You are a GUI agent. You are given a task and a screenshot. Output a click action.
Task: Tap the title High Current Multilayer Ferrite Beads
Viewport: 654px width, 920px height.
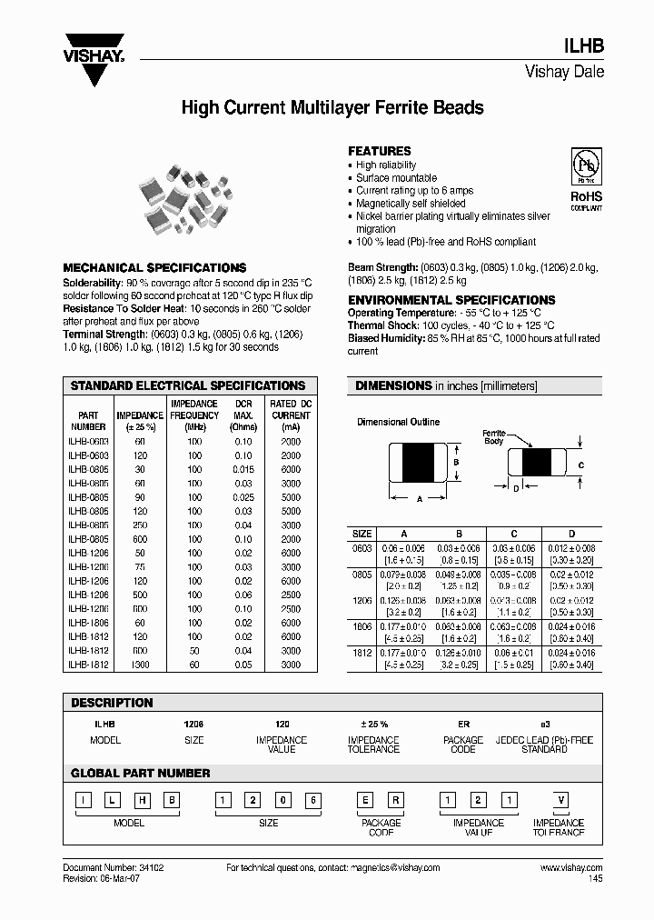tap(332, 108)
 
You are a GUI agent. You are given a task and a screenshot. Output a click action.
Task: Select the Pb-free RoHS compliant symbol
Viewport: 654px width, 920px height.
tap(585, 178)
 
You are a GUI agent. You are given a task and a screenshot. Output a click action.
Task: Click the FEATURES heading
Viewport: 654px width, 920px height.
tap(380, 151)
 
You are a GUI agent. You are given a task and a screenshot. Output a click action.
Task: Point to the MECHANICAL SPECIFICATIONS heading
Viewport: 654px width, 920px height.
tap(154, 268)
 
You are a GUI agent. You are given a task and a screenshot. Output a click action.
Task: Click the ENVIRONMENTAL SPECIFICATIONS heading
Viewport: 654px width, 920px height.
tap(451, 300)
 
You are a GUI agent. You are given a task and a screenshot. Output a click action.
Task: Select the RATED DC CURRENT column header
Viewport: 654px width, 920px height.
tap(290, 415)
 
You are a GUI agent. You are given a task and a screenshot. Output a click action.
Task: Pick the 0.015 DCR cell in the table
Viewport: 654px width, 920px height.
tap(243, 468)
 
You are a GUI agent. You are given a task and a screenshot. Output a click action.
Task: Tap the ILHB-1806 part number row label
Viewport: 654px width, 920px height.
tap(88, 624)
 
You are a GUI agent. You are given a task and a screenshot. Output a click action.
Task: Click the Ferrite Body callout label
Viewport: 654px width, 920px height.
tap(493, 438)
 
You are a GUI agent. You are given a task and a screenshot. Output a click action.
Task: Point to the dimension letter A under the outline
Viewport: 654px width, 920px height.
tap(420, 499)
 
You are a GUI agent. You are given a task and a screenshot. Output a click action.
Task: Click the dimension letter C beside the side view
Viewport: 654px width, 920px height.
tap(580, 465)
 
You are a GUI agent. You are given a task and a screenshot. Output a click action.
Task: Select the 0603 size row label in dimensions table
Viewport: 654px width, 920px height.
tap(362, 549)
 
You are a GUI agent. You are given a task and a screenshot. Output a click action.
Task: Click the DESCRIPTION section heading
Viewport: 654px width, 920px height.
tap(112, 703)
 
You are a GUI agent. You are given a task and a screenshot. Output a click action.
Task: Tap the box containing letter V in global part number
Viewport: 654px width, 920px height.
tap(561, 799)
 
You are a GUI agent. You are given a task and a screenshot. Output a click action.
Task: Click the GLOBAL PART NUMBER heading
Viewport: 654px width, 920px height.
tap(141, 773)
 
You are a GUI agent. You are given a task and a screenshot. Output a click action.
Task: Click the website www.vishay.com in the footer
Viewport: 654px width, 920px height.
tap(571, 868)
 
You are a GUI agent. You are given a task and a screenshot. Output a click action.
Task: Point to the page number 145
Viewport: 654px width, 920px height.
tap(595, 879)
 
